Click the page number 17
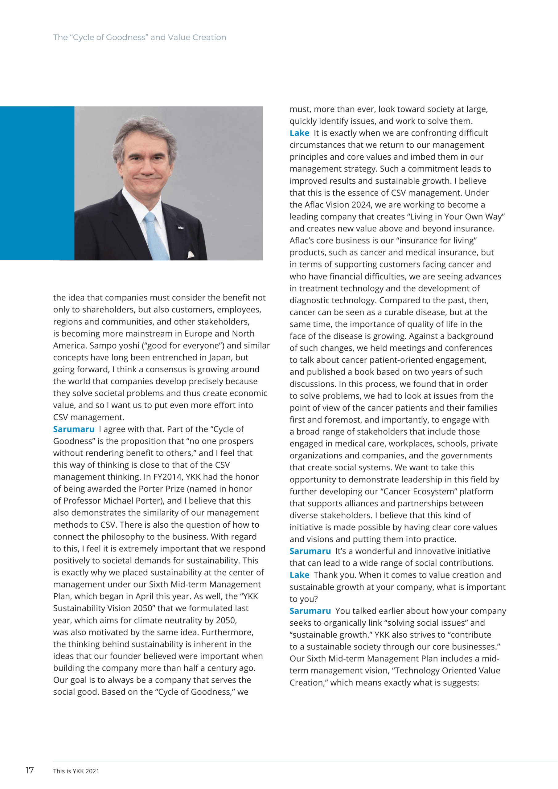(30, 770)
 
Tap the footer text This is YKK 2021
(76, 771)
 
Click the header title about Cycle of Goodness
(140, 38)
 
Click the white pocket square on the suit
(190, 254)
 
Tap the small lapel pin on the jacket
(180, 227)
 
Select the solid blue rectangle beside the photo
(37, 183)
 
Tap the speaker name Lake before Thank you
(299, 575)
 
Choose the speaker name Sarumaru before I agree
(74, 429)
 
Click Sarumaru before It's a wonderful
(310, 551)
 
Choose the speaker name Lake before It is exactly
(299, 133)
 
